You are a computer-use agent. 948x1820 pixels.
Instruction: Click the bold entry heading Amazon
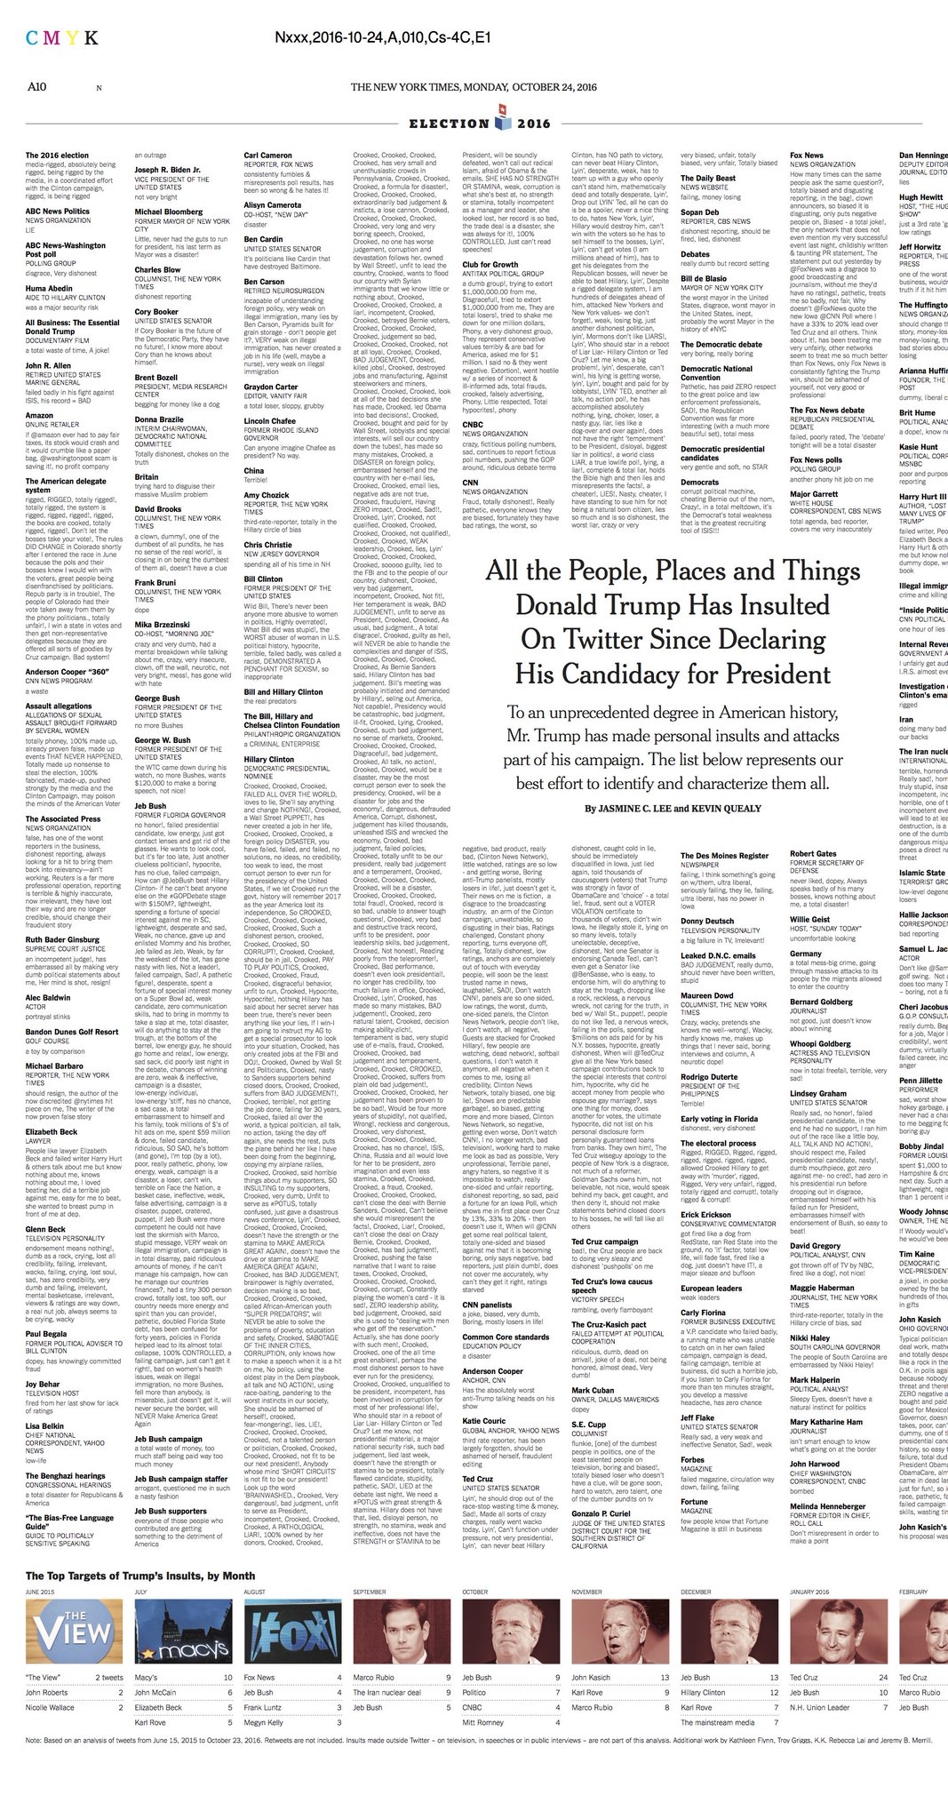39,415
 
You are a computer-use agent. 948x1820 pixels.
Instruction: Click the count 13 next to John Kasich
664,1677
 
